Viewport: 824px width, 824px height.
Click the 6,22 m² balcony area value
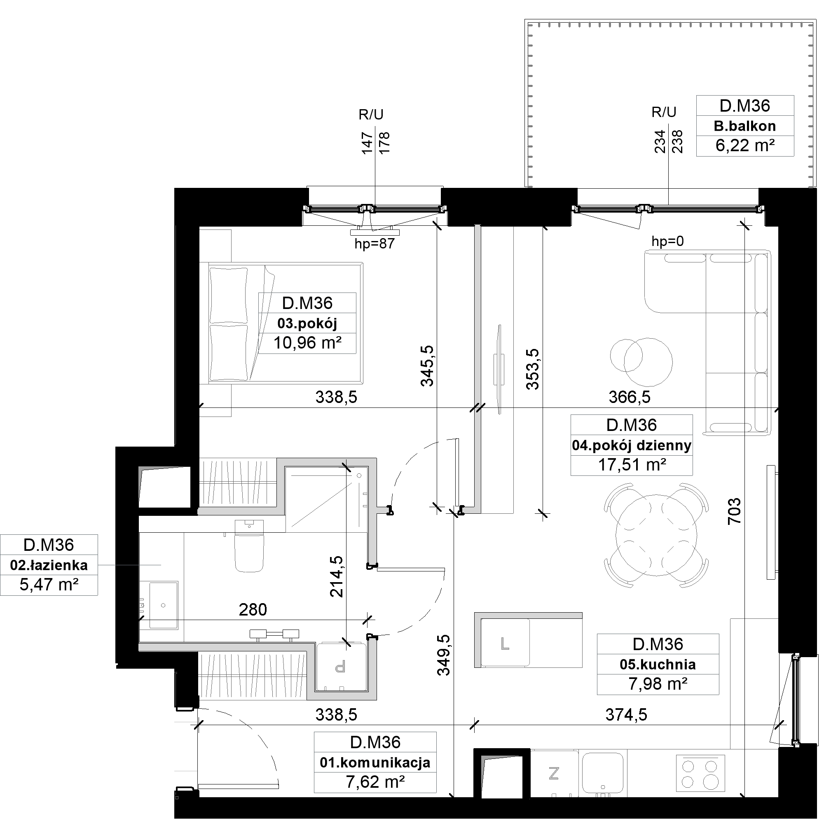click(x=744, y=146)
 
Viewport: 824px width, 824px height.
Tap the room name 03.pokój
click(x=307, y=324)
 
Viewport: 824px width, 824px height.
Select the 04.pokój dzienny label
click(x=631, y=446)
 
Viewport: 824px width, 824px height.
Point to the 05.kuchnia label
click(x=658, y=665)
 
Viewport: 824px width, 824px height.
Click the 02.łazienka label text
click(x=49, y=566)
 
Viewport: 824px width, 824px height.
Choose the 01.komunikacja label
click(x=375, y=763)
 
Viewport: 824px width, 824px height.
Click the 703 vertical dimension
click(x=735, y=511)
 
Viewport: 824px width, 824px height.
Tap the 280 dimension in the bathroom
click(x=253, y=610)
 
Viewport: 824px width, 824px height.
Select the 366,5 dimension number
click(x=630, y=397)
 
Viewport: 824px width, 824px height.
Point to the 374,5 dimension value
click(x=626, y=714)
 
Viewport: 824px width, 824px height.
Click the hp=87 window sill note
click(x=375, y=244)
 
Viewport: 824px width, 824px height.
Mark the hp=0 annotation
click(x=667, y=241)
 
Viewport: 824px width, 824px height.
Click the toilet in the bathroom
click(x=249, y=546)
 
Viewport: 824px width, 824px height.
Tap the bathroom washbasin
click(x=164, y=605)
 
